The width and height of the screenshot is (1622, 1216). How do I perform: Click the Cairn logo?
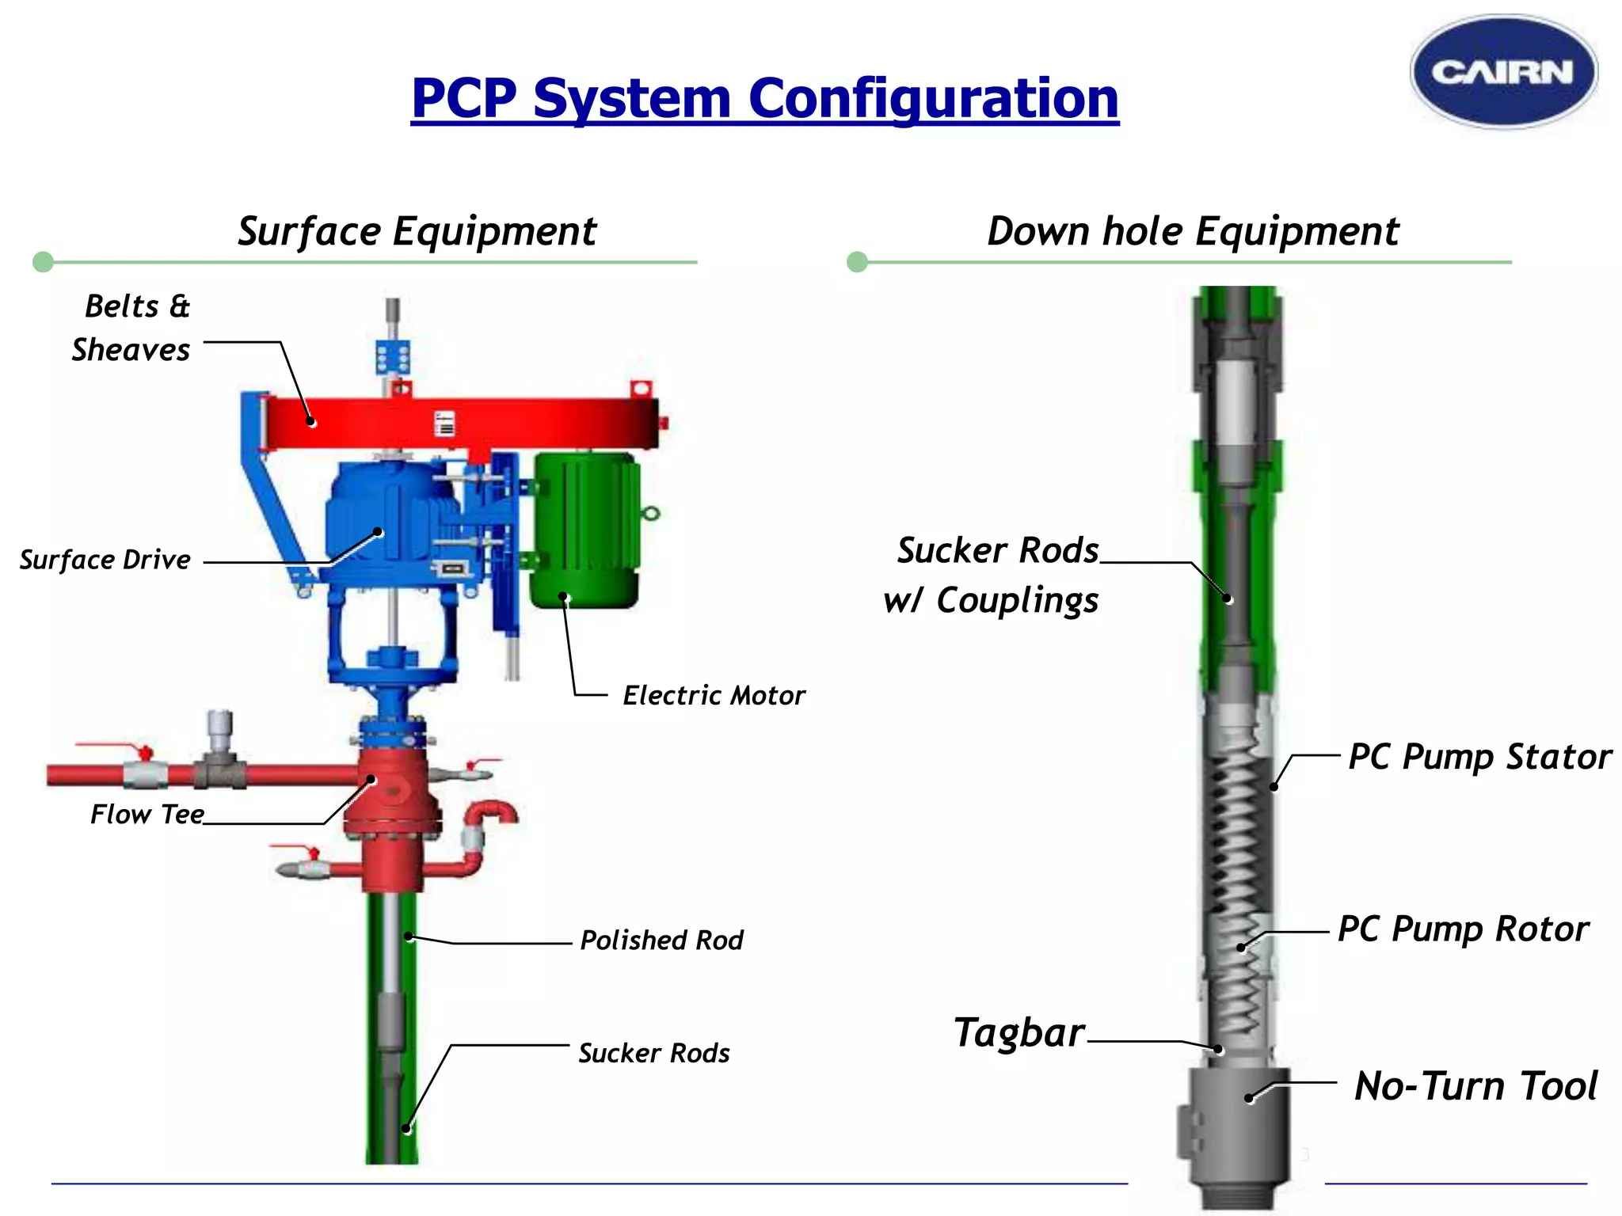pyautogui.click(x=1503, y=72)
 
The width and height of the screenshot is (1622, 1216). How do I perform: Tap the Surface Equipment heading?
pyautogui.click(x=417, y=231)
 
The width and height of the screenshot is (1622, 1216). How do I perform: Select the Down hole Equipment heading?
pyautogui.click(x=1192, y=231)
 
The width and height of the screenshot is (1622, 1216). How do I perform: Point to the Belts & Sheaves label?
pyautogui.click(x=133, y=328)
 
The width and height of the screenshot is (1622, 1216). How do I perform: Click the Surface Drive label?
pyautogui.click(x=105, y=560)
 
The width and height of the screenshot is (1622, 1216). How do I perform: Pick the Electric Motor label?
pyautogui.click(x=713, y=695)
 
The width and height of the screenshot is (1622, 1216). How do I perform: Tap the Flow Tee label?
pyautogui.click(x=147, y=814)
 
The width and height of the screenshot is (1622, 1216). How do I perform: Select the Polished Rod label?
pyautogui.click(x=661, y=940)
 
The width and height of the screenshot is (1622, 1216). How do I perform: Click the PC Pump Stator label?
pyautogui.click(x=1479, y=757)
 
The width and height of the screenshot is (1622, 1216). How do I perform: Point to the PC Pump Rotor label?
pyautogui.click(x=1463, y=929)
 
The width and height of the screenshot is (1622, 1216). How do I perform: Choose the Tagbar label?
pyautogui.click(x=1019, y=1032)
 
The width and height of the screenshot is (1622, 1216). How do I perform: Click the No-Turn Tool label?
pyautogui.click(x=1475, y=1085)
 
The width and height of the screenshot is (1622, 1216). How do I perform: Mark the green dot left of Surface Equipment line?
pyautogui.click(x=44, y=262)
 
